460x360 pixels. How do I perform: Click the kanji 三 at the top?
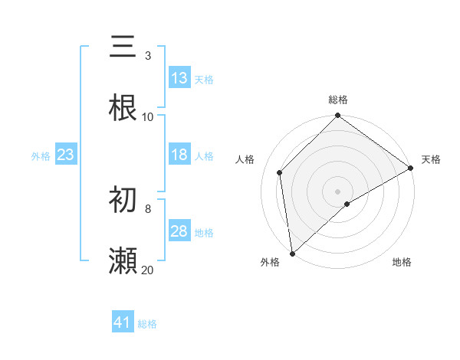[123, 47]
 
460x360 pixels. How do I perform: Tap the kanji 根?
[123, 107]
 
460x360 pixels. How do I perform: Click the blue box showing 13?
[179, 78]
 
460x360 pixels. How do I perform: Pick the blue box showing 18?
[179, 155]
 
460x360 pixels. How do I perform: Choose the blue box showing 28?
[179, 231]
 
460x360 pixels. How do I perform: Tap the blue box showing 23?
[65, 155]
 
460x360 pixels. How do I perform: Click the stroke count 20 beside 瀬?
[147, 270]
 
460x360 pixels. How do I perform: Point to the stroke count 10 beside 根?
[147, 116]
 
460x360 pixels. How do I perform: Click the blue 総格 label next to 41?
[147, 324]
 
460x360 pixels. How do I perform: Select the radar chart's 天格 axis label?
[431, 159]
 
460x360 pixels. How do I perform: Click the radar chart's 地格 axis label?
[402, 262]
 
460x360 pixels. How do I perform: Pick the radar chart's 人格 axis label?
[245, 159]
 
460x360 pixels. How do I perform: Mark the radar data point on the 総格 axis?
[337, 116]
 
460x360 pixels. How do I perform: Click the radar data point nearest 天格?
[411, 168]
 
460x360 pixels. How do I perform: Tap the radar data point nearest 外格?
[292, 253]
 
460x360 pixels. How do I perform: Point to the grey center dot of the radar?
[337, 191]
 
